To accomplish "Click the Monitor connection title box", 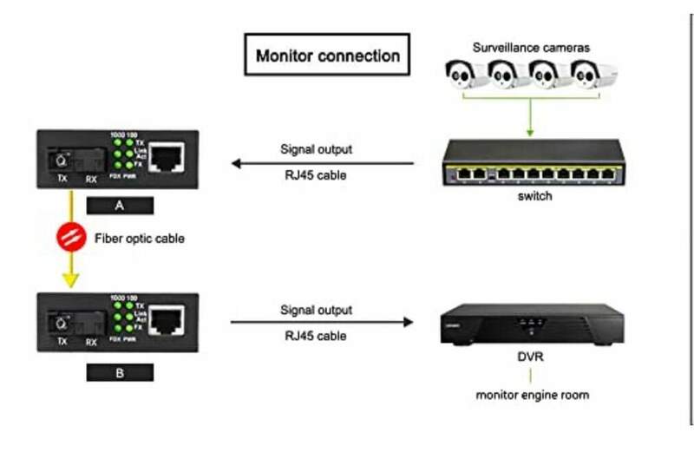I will tap(327, 56).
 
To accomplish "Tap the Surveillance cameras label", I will tap(531, 48).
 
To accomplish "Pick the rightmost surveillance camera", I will tap(594, 75).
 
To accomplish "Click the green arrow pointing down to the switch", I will tap(530, 127).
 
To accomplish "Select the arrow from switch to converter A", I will tap(322, 162).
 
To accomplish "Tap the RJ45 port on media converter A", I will tap(167, 157).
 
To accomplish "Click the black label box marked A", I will tap(120, 206).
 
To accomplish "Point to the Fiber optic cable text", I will tap(139, 237).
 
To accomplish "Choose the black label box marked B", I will tap(120, 373).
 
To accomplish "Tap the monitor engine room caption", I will tap(533, 395).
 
